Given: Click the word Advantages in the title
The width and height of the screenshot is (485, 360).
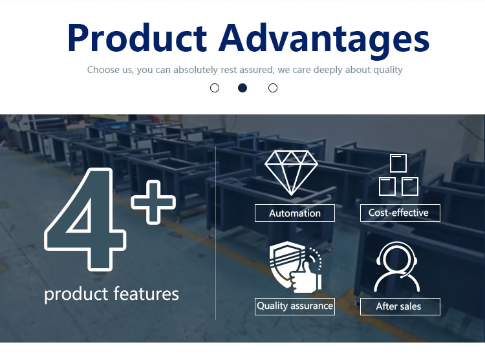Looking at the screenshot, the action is tap(324, 40).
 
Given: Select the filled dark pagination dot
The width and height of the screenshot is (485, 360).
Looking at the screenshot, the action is tap(242, 88).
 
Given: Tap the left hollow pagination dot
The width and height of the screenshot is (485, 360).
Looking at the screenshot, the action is tap(215, 88).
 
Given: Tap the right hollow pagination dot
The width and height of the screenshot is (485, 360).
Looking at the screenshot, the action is tap(273, 88).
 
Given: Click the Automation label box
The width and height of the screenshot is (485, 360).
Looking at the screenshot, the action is tap(295, 213).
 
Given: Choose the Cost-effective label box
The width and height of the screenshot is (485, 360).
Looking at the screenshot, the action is tap(400, 213).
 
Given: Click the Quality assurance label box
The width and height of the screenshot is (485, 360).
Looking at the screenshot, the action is tap(295, 306).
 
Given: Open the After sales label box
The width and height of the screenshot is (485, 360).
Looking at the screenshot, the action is tap(400, 306).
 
